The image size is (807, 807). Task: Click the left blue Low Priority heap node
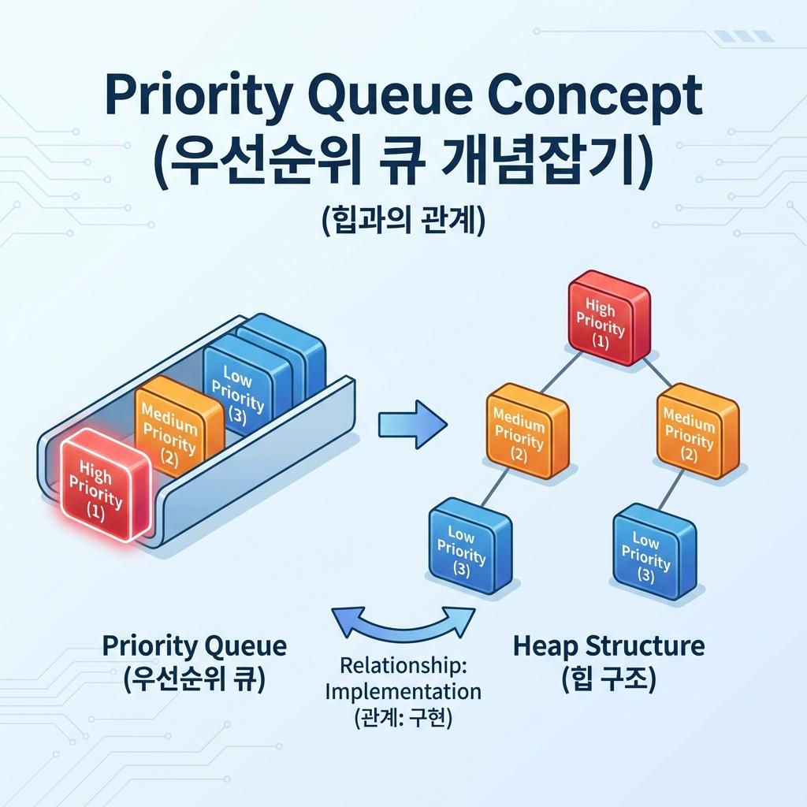coord(467,546)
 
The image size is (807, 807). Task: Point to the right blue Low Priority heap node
coord(653,552)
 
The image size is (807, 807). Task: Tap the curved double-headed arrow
coord(403,623)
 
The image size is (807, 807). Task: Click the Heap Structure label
coord(608,647)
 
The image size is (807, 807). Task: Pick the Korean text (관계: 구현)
coord(403,719)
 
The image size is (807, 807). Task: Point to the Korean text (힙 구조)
coord(609,679)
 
